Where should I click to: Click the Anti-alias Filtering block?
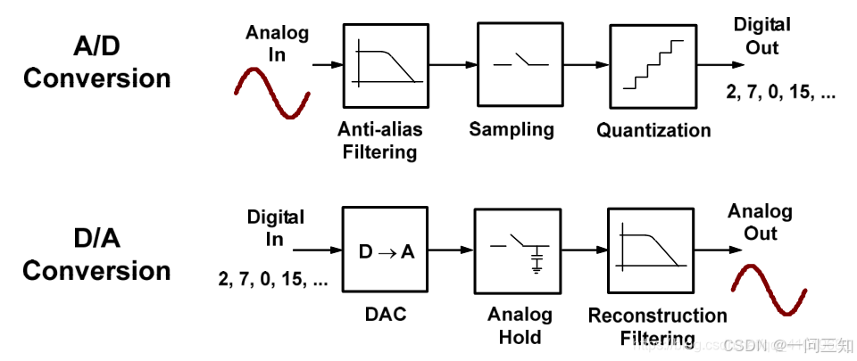387,65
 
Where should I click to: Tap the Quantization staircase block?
653,65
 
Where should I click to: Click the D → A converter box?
387,250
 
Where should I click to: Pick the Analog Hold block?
517,252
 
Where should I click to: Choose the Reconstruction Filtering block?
650,251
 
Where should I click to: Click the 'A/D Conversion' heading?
96,62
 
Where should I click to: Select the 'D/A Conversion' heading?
96,254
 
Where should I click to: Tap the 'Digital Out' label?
761,36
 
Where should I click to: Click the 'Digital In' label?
276,228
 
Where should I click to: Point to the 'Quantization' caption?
653,131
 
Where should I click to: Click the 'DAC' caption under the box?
386,314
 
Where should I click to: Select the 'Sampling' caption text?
512,129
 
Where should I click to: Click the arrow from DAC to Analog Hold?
452,251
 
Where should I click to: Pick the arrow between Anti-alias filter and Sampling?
453,65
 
